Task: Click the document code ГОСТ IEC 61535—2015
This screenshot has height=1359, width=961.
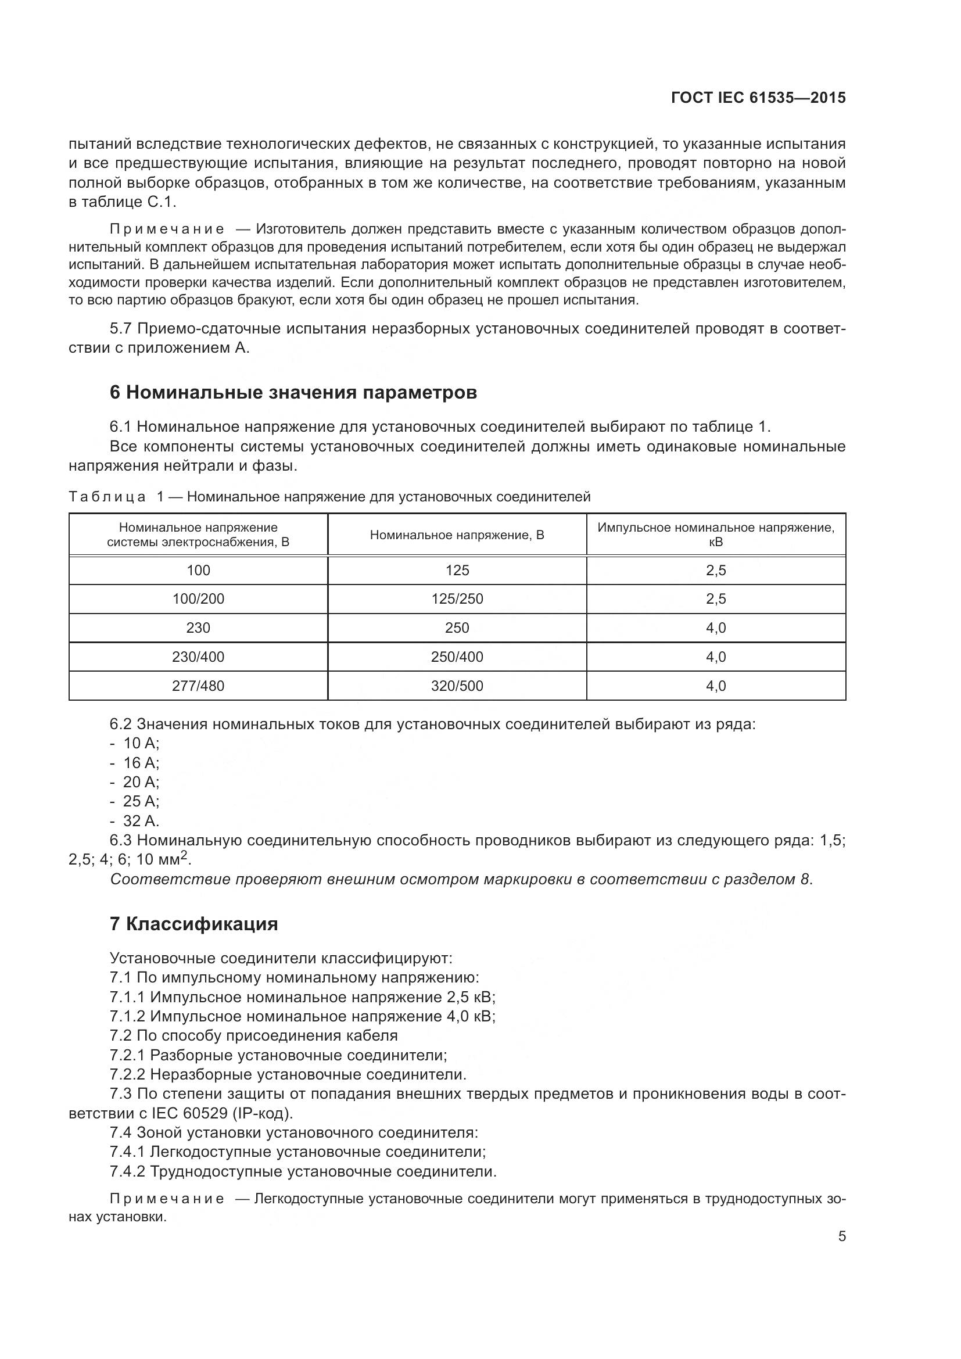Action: click(x=758, y=98)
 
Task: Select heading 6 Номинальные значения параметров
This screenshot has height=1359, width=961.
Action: click(x=293, y=392)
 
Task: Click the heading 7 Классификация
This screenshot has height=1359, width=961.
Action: click(x=193, y=924)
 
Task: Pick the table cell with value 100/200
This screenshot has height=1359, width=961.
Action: click(x=198, y=599)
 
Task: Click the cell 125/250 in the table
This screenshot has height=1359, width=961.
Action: click(x=457, y=599)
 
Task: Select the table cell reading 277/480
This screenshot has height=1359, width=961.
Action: click(x=198, y=686)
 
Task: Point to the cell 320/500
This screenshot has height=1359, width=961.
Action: click(x=457, y=686)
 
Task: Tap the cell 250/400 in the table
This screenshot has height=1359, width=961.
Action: click(x=457, y=657)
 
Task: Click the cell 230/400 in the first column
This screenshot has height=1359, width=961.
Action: click(x=198, y=657)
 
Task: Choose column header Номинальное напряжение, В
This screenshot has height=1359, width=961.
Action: click(x=457, y=535)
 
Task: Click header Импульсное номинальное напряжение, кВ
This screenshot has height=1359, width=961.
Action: click(x=715, y=535)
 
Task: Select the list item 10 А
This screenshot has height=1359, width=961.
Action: click(x=141, y=744)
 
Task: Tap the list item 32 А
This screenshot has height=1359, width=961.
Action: click(x=141, y=821)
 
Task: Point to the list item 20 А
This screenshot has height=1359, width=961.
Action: click(x=141, y=782)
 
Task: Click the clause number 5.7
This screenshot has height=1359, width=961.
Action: click(x=121, y=329)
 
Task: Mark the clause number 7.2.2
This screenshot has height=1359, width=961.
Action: click(x=127, y=1074)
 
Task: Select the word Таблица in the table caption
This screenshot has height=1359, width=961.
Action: click(x=107, y=497)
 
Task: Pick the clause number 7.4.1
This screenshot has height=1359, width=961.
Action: click(x=127, y=1152)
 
